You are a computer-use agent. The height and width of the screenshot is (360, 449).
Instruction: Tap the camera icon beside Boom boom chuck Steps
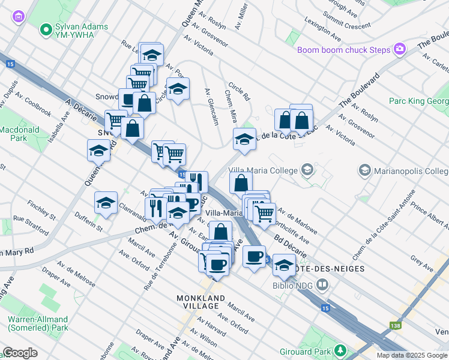[x=400, y=50]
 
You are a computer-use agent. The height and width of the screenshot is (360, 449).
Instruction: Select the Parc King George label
[x=418, y=101]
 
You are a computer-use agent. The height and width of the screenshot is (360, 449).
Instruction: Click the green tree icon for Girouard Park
[x=340, y=349]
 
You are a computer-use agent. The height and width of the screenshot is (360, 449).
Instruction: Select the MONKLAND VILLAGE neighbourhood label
[x=200, y=302]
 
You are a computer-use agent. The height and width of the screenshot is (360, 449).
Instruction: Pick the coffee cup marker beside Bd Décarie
[x=254, y=257]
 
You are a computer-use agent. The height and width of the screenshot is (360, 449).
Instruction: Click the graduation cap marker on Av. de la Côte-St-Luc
[x=244, y=140]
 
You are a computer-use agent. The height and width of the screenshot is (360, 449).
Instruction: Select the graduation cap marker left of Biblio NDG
[x=284, y=265]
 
